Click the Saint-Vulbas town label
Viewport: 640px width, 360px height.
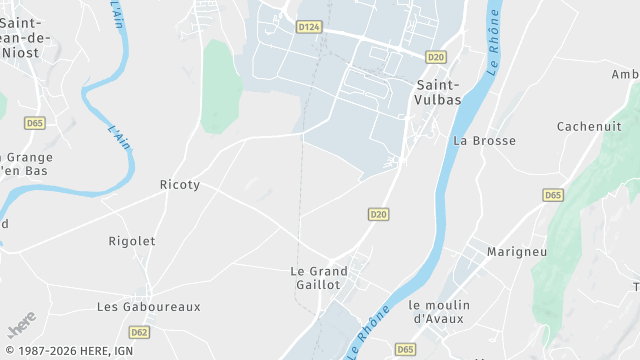436,93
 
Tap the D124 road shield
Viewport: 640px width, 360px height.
309,27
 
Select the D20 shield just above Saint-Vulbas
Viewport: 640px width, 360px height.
435,57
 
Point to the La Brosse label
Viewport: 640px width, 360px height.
485,141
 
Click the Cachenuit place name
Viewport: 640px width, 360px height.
590,126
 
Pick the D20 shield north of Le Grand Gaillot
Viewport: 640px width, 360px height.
378,214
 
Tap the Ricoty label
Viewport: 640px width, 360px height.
180,185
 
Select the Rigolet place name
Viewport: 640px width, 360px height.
132,241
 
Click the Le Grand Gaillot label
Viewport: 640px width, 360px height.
319,278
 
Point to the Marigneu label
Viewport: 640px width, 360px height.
517,252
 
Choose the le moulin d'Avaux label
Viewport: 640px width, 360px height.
446,311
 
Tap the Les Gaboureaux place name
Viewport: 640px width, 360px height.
149,307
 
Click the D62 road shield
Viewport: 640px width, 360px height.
140,332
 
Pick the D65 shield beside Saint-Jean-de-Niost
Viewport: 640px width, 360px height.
35,122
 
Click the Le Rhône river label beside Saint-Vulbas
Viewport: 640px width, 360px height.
493,48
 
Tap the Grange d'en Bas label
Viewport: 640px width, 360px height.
26,164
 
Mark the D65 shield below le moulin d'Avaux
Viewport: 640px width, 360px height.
405,349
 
